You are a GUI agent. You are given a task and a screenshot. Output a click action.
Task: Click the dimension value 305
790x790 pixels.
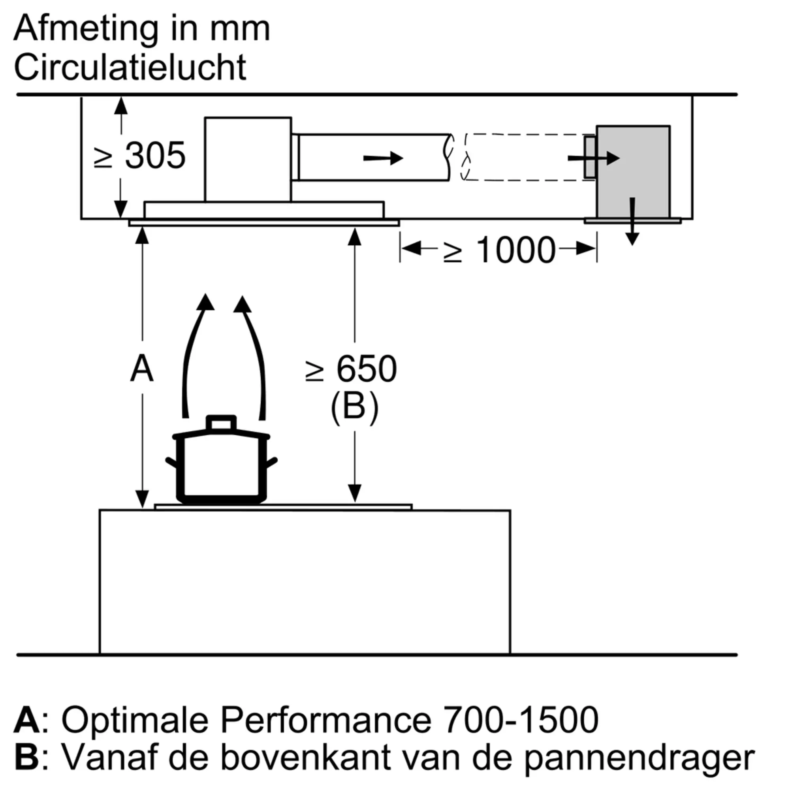click(155, 155)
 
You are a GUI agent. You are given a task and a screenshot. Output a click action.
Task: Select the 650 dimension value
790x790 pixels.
click(367, 369)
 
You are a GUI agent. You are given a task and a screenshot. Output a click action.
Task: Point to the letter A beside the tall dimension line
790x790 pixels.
click(142, 369)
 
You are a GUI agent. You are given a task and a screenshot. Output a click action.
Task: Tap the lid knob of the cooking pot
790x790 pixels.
click(221, 422)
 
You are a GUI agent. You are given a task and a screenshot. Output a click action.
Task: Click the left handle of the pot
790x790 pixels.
click(172, 463)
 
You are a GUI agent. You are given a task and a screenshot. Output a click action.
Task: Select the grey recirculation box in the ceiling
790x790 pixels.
click(632, 172)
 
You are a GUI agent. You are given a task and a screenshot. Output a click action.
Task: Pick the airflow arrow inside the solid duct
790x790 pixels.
click(383, 158)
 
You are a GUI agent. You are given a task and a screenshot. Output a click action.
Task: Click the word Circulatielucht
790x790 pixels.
click(130, 67)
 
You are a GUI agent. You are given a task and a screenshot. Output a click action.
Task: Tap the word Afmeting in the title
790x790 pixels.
click(86, 29)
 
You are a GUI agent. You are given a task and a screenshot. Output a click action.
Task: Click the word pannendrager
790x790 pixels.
click(640, 760)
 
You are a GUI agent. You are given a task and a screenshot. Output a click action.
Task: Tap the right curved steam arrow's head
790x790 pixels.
click(243, 305)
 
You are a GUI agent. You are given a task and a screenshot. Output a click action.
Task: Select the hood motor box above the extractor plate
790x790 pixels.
click(248, 160)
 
